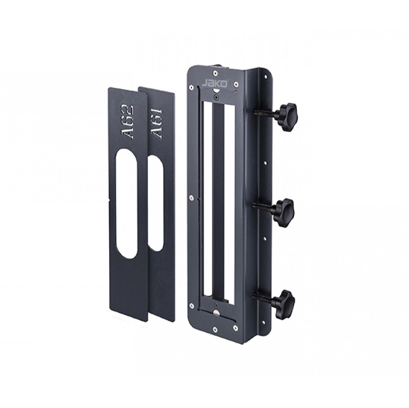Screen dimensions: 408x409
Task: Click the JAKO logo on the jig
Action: [x=212, y=83]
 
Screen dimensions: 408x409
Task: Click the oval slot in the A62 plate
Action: [x=127, y=204]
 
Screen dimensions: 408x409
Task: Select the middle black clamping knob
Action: [x=283, y=211]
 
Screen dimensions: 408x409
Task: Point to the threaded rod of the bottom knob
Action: [x=262, y=297]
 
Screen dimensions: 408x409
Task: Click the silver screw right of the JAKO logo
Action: [x=236, y=84]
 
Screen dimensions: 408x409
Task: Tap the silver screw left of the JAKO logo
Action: [x=191, y=87]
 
